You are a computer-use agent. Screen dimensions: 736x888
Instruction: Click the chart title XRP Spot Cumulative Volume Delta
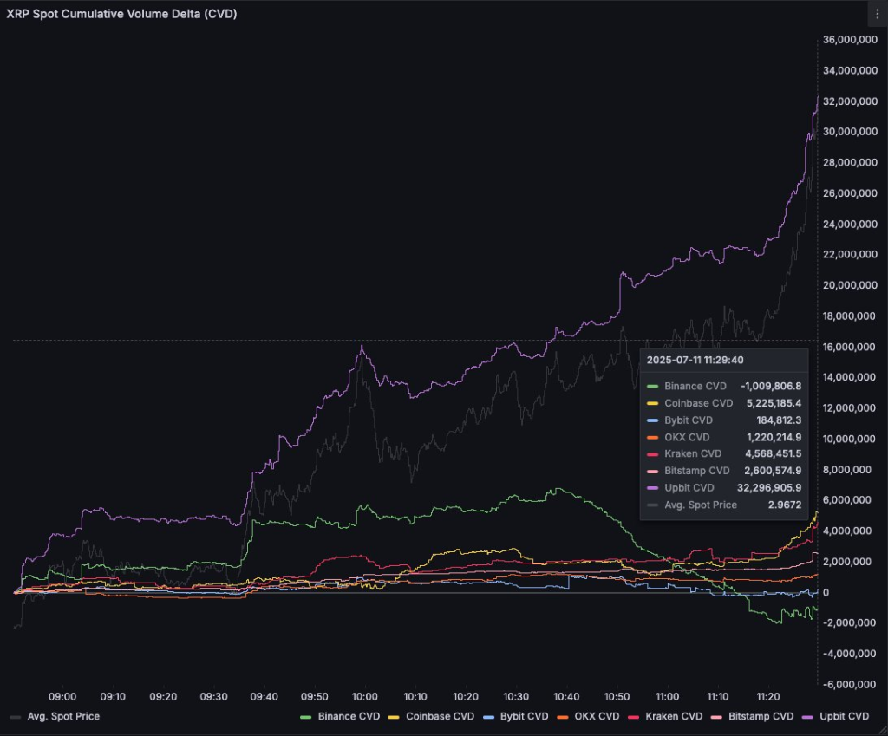(x=122, y=15)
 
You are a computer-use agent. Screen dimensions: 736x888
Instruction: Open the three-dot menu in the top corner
(x=877, y=14)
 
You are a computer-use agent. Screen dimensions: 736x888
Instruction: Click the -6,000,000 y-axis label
(x=851, y=685)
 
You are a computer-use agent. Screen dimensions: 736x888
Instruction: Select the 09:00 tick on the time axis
(x=62, y=697)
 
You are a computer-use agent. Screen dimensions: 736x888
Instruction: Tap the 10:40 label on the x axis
(x=566, y=697)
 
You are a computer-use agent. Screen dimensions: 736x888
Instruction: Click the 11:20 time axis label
(x=768, y=697)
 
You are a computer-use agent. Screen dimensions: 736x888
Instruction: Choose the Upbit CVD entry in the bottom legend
(x=843, y=717)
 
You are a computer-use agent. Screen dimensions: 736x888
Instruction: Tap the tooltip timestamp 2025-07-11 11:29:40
(x=695, y=360)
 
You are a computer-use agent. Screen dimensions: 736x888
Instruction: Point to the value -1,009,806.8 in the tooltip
(x=770, y=386)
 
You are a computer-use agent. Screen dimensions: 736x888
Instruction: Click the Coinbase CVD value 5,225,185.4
(x=774, y=403)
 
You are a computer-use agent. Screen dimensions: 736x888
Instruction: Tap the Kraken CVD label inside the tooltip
(x=692, y=453)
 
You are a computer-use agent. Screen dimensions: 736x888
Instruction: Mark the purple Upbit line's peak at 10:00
(x=362, y=347)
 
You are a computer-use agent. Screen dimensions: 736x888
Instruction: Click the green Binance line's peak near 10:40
(x=555, y=489)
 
